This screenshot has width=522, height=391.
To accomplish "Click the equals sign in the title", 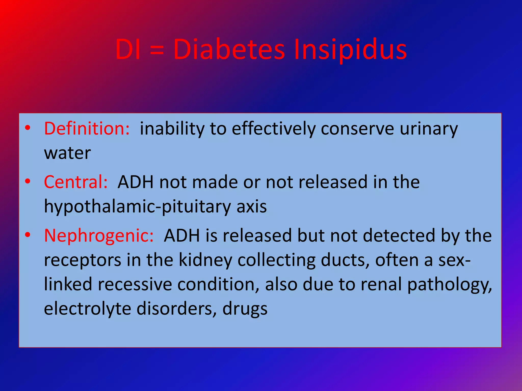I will tap(156, 50).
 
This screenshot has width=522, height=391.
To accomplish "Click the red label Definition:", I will tap(87, 129).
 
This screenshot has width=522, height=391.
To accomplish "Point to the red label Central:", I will tap(76, 182).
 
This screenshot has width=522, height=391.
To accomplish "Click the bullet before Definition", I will tap(28, 128).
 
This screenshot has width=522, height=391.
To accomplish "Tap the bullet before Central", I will tap(28, 181).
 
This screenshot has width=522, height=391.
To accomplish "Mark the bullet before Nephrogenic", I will tap(28, 234).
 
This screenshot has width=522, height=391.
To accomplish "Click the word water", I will tap(67, 153).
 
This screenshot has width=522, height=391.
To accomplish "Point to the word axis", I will tap(252, 206).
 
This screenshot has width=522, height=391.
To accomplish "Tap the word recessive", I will tap(135, 284).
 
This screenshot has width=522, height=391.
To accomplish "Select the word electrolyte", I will tap(87, 309).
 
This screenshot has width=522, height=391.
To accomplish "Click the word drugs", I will tap(245, 309).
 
